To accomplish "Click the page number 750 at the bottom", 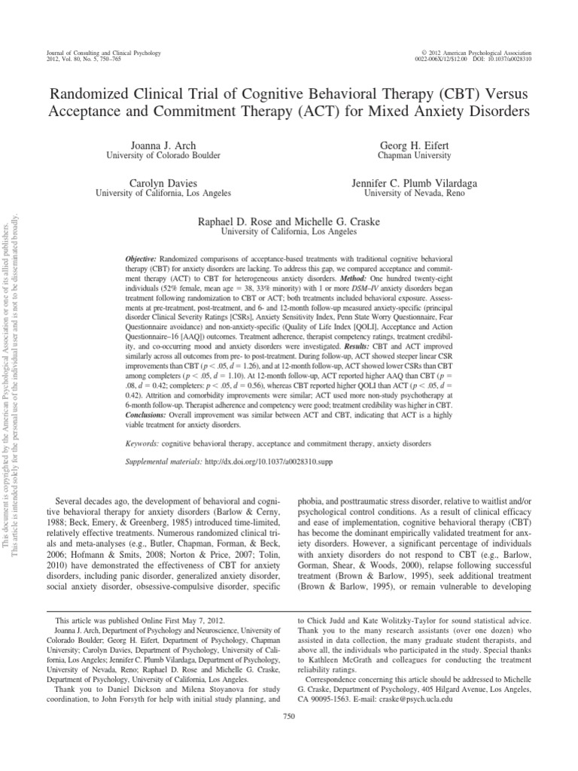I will [289, 739].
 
